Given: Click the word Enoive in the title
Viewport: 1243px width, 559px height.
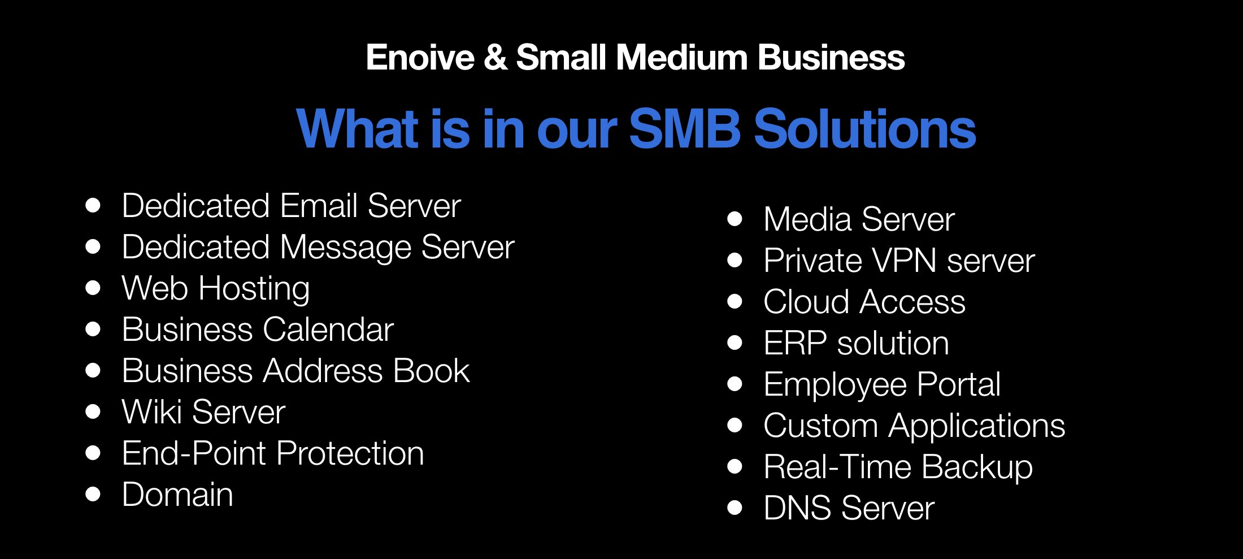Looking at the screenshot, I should point(420,58).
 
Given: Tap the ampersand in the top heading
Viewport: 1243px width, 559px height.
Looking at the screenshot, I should point(496,58).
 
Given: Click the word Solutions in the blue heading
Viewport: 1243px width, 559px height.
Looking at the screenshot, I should point(865,129).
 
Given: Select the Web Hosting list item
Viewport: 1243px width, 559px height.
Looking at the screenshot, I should point(216,288).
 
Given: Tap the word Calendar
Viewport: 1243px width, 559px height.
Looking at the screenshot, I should point(328,330).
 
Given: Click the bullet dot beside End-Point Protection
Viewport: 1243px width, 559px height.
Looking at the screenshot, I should point(93,453).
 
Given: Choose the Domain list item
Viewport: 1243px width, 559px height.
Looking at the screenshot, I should point(177,495).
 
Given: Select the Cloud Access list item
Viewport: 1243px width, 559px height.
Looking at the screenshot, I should point(864,302).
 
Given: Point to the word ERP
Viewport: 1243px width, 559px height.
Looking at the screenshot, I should point(795,343).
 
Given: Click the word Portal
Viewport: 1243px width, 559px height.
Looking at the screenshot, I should point(958,384).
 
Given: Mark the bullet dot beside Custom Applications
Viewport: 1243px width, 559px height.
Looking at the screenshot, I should point(734,425).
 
